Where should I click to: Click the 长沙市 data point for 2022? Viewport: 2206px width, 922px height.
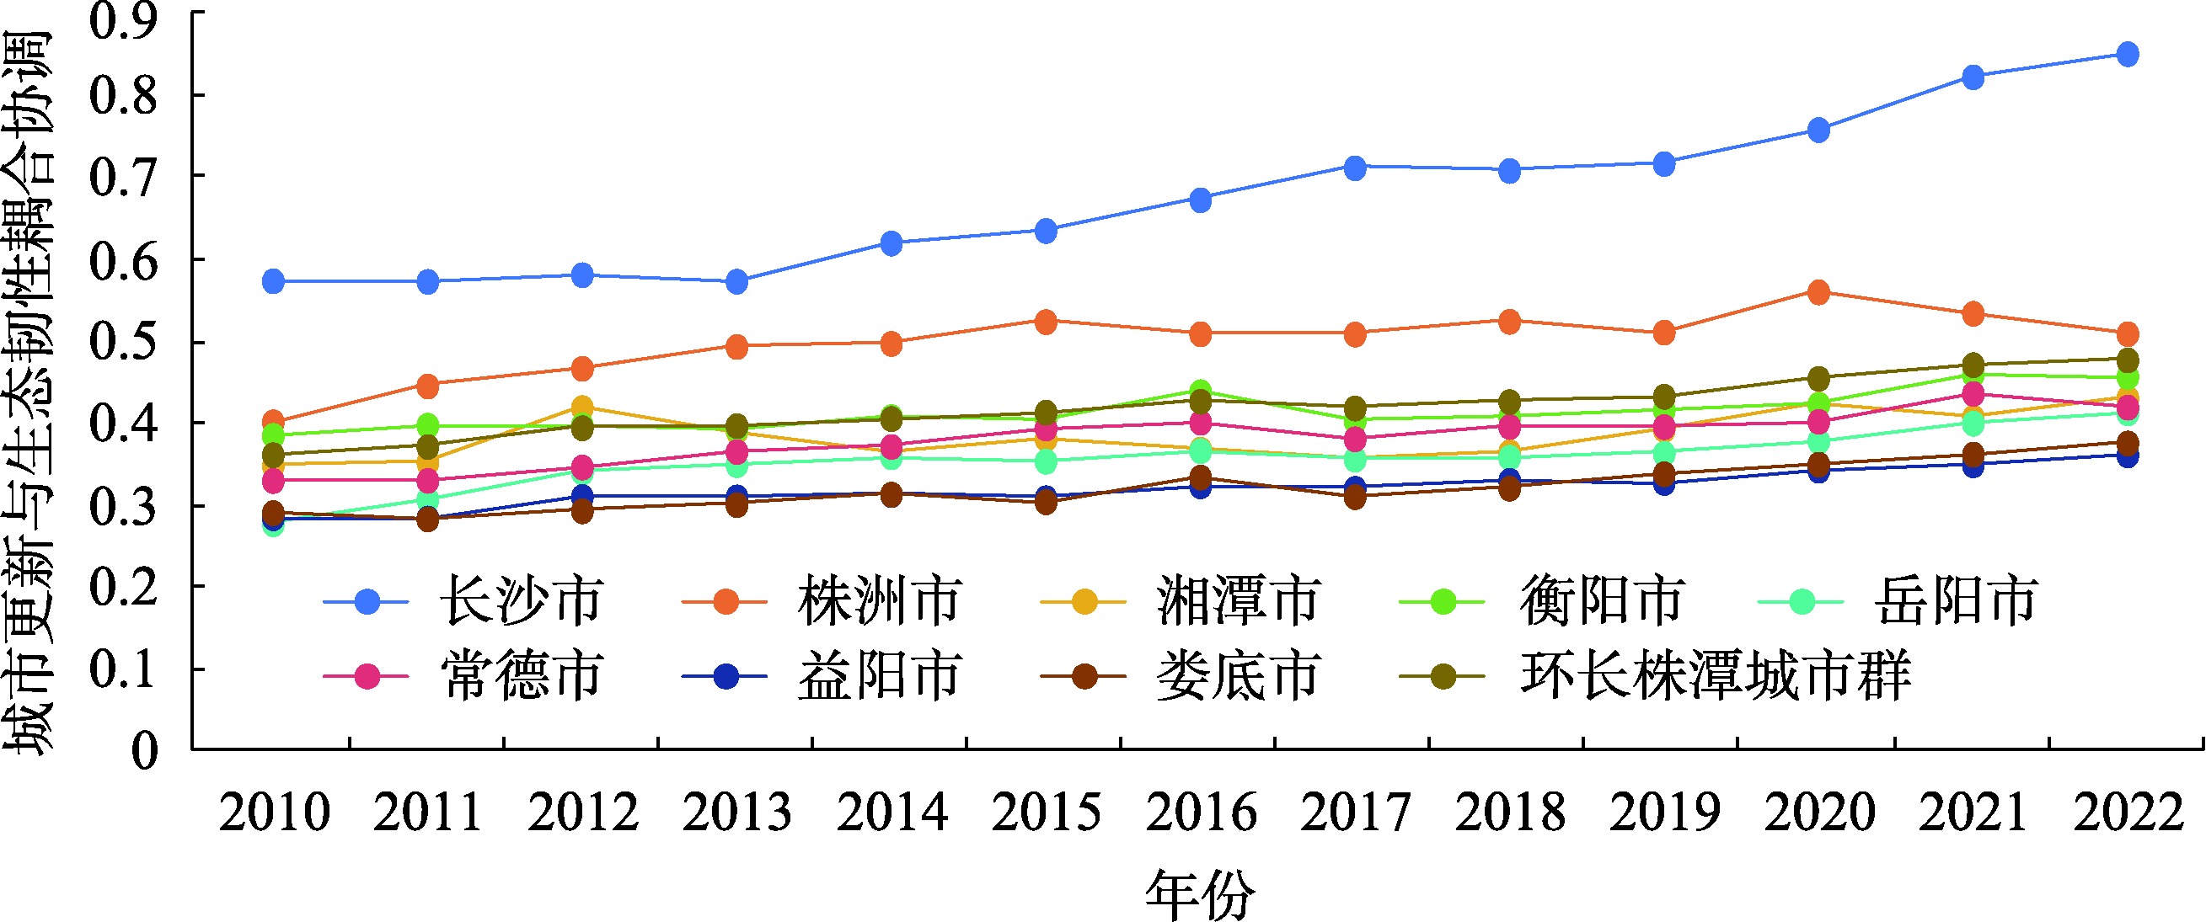[2127, 55]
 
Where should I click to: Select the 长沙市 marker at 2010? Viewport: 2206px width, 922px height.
[273, 280]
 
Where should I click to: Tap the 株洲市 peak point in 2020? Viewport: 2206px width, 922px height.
[1818, 292]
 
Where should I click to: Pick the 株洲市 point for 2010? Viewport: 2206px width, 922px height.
[273, 421]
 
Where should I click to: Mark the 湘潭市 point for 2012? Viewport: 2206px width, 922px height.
[582, 406]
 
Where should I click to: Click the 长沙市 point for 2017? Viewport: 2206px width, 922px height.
[1355, 167]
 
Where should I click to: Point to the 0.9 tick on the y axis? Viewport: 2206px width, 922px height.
[123, 19]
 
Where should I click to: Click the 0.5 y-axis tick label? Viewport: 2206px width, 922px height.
[123, 343]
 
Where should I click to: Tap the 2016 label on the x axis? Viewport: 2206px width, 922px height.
[1201, 813]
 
